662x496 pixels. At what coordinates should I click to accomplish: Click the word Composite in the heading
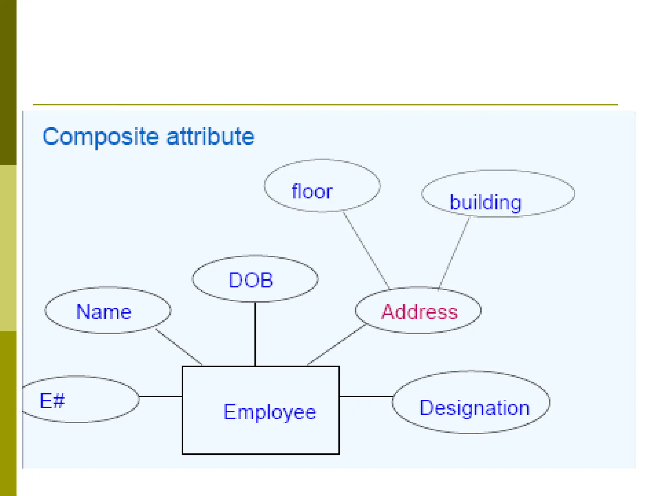(101, 137)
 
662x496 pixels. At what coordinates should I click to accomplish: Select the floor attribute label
(312, 191)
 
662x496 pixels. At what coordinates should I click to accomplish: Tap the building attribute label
(486, 203)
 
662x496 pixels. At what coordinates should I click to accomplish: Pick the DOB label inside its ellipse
(251, 280)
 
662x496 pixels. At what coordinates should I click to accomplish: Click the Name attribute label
(104, 312)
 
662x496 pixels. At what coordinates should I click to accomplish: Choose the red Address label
(420, 312)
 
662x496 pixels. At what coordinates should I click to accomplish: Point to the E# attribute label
(52, 401)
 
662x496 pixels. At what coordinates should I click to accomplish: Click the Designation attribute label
(475, 408)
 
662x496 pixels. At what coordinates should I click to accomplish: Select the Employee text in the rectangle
(270, 412)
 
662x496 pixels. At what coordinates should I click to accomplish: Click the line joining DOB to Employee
(255, 334)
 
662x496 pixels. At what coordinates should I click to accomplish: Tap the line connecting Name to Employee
(179, 347)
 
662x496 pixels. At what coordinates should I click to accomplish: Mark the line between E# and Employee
(161, 396)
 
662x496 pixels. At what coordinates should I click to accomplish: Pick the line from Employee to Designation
(366, 396)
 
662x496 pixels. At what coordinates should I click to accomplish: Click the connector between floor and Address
(366, 250)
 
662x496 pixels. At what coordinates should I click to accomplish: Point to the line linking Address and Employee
(336, 345)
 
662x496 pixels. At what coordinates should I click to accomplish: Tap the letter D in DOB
(235, 280)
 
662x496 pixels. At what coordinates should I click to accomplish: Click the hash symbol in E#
(59, 401)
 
